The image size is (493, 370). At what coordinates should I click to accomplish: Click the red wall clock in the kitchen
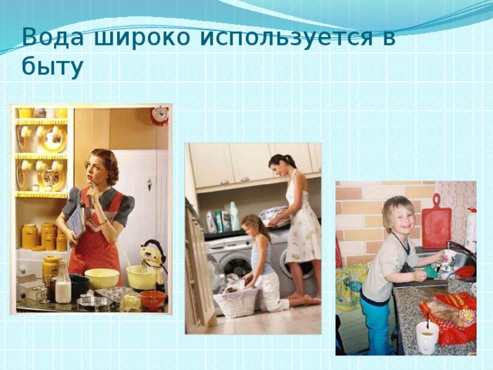tap(159, 116)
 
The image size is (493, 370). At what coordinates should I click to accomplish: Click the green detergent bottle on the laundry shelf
tap(233, 216)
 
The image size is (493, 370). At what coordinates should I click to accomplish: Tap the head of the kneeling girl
tap(253, 227)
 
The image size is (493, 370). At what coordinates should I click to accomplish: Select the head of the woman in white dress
tap(279, 163)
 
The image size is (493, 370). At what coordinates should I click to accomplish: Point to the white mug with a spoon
tap(427, 338)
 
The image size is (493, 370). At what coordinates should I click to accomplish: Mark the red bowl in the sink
tap(464, 271)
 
